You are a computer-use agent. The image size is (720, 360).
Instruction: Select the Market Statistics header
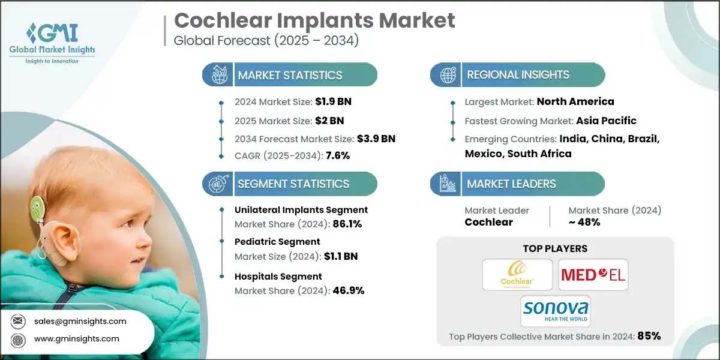[x=290, y=75]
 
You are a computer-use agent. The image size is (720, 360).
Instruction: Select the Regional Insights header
[x=518, y=75]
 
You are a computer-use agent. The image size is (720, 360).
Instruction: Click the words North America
[x=575, y=101]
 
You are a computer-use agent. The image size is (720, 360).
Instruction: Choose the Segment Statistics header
[x=293, y=184]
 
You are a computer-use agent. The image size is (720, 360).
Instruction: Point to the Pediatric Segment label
[x=277, y=241]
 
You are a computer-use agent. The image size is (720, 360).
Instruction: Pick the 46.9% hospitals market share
[x=347, y=290]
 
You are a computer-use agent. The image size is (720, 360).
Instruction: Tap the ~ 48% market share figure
[x=584, y=222]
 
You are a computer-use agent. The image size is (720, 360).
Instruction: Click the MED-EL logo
[x=593, y=275]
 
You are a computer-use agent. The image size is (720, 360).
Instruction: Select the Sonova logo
[x=554, y=311]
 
